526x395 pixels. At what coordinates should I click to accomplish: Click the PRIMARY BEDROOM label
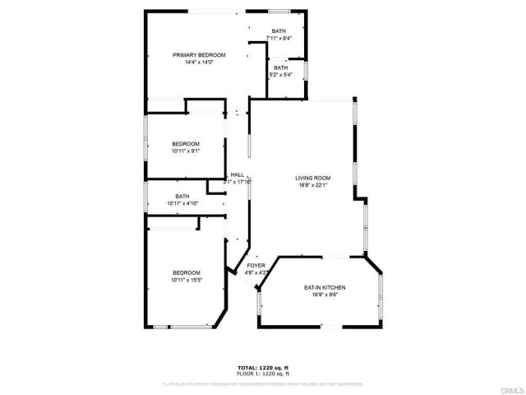click(199, 55)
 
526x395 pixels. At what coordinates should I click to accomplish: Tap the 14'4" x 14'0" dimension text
click(199, 63)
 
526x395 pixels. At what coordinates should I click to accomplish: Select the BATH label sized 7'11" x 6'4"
click(279, 32)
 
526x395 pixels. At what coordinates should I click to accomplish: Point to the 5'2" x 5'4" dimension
click(281, 75)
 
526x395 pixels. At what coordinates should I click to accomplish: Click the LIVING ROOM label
click(313, 178)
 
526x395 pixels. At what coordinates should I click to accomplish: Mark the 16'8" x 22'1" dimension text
click(313, 185)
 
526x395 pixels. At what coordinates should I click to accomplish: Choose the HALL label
click(238, 174)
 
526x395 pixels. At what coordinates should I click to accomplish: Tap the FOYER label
click(256, 266)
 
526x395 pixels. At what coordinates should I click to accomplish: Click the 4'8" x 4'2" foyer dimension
click(256, 273)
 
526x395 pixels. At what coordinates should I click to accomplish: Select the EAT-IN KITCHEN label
click(325, 287)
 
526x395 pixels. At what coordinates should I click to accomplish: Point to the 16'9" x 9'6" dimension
click(325, 295)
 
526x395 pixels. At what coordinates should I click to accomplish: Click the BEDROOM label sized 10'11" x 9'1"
click(186, 144)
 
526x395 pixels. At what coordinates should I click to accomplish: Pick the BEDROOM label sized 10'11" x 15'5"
click(186, 272)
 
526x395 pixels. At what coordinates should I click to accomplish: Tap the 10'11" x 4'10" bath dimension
click(182, 203)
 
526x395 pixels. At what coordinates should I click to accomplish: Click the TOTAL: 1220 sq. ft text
click(263, 367)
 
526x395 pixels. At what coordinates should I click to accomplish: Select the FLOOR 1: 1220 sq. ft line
click(263, 374)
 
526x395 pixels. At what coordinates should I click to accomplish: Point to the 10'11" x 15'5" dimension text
click(186, 280)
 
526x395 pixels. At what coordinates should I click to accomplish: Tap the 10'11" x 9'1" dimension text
click(186, 151)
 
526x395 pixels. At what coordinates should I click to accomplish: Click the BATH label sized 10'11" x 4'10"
click(182, 196)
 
